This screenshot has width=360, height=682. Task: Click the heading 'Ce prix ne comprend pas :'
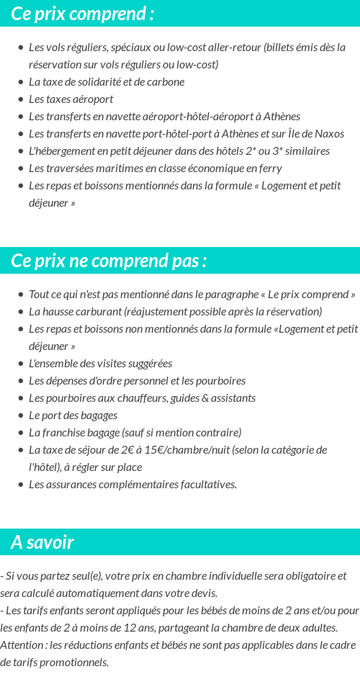(109, 261)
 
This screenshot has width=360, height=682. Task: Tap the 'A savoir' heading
(42, 542)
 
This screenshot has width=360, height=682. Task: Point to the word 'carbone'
(166, 81)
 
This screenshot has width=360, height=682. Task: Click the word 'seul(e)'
(84, 575)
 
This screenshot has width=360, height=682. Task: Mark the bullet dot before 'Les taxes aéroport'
(20, 99)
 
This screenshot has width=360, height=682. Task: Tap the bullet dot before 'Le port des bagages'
(20, 416)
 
